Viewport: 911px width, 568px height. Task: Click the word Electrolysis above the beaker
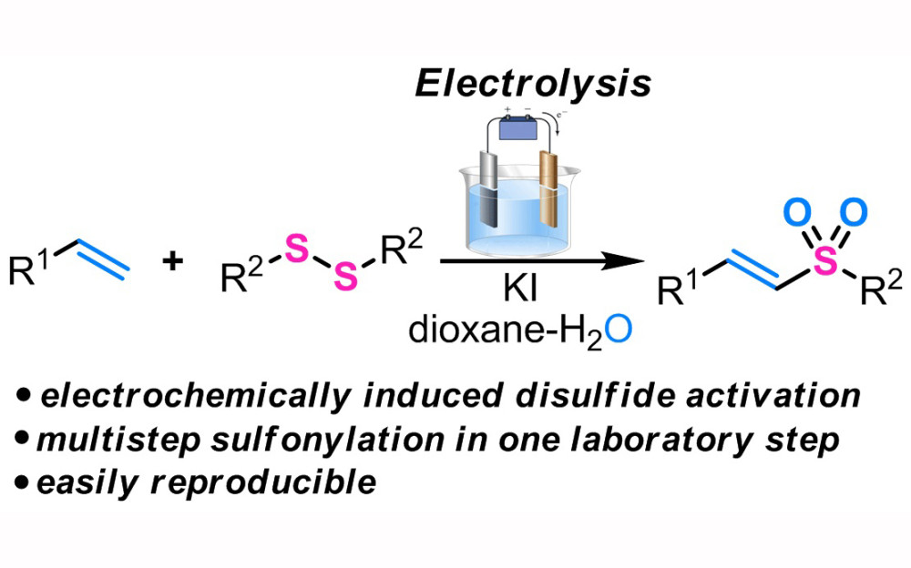point(533,84)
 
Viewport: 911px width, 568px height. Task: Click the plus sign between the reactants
point(170,263)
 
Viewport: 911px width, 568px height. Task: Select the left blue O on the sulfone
point(793,214)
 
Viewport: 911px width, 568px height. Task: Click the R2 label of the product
point(880,292)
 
